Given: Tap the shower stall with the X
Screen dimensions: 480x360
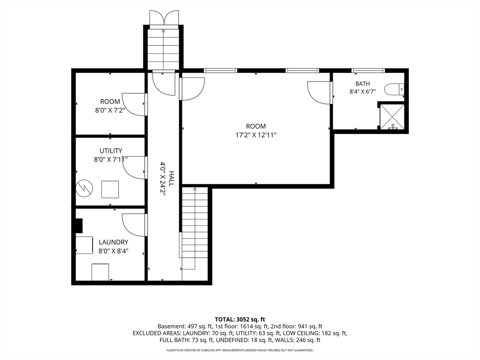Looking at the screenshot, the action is [x=392, y=117].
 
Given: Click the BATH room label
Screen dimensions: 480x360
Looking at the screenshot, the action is [x=362, y=83].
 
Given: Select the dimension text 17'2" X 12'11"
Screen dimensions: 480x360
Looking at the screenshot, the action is [x=256, y=135].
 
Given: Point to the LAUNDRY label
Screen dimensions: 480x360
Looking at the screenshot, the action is [x=113, y=242].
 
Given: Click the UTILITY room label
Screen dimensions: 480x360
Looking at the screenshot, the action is [x=111, y=150].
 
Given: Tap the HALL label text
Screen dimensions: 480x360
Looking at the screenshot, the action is [x=172, y=179].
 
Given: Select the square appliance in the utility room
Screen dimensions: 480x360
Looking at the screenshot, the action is [x=110, y=189].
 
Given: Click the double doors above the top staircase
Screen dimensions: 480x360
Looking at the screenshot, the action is [x=164, y=17].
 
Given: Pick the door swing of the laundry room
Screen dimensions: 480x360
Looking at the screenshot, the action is [x=134, y=225].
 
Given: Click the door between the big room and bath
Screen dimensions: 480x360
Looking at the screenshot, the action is [x=320, y=93].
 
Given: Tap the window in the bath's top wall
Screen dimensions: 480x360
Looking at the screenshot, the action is [x=367, y=70].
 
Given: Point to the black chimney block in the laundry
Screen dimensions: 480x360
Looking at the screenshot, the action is [x=79, y=226].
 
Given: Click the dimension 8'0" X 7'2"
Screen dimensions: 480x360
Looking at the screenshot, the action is [x=109, y=110].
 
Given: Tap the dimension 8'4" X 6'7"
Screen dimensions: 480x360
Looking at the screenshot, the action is [x=362, y=91].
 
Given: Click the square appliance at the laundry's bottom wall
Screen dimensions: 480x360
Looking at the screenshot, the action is [x=100, y=272].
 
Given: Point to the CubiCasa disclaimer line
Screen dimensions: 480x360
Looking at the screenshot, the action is [x=240, y=350].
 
